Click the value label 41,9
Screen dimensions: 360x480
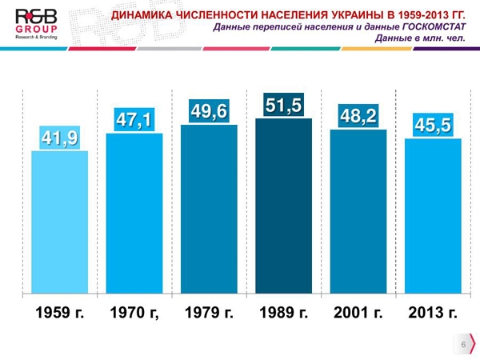pos(59,139)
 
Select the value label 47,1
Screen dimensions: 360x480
pos(134,121)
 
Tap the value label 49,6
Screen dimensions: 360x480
pos(209,111)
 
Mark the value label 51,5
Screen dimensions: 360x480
pos(283,106)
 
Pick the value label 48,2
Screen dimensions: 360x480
pos(358,117)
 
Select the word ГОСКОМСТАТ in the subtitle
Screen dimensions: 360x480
pos(429,27)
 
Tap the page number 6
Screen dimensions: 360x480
pos(462,343)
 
